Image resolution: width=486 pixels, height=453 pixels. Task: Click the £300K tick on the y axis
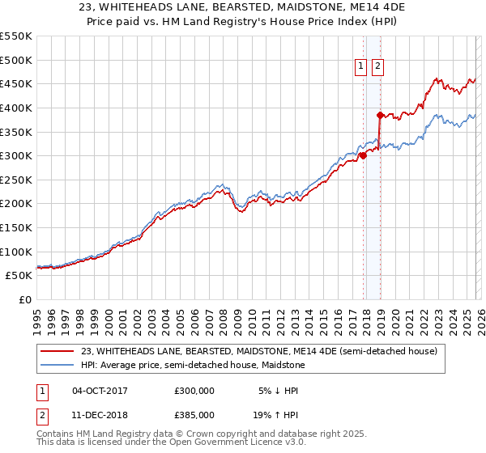[x=16, y=155]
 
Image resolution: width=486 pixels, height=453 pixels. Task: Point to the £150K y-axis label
[x=16, y=227]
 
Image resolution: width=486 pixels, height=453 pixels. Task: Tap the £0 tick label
[x=25, y=299]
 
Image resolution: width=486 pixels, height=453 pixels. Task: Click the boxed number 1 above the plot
[x=360, y=67]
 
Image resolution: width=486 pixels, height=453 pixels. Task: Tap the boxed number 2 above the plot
[x=377, y=67]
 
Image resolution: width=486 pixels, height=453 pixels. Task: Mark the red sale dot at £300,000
[x=363, y=156]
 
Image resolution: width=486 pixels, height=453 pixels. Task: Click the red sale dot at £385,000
[x=380, y=115]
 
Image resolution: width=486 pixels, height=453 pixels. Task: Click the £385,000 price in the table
[x=194, y=414]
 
